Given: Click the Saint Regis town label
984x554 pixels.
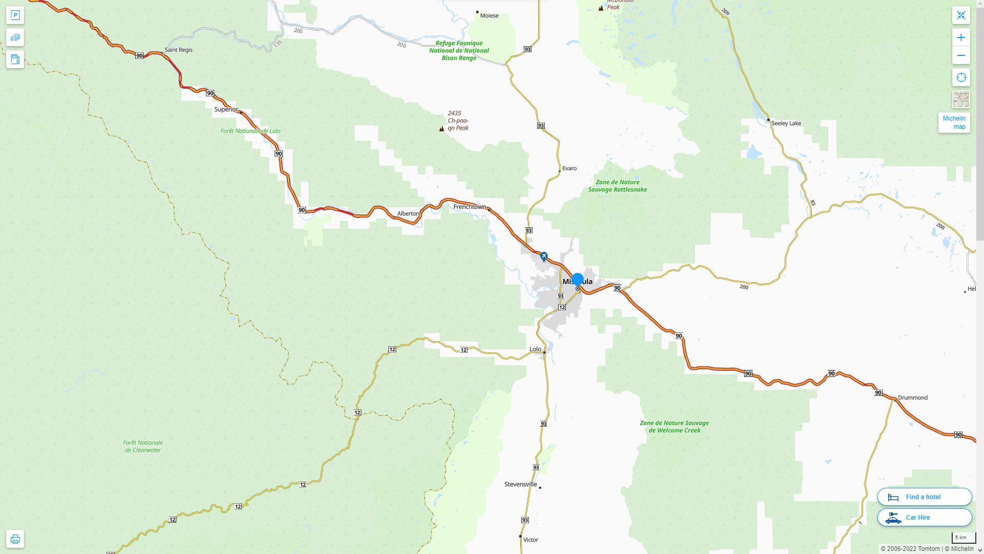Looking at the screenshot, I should tap(178, 50).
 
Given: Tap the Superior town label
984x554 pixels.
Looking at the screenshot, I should tap(226, 109).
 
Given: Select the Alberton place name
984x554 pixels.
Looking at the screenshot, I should tap(408, 213).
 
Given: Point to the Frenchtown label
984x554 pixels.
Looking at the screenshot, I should tap(469, 207).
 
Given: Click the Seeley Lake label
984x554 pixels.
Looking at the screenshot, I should tap(786, 123).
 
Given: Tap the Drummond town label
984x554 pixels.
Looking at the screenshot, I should tap(912, 398).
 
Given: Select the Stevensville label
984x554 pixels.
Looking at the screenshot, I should tap(520, 484).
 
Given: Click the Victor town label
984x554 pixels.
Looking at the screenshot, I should tap(530, 540).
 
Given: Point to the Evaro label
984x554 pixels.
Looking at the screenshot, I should tap(569, 168).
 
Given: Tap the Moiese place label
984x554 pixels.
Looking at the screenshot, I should tap(489, 15).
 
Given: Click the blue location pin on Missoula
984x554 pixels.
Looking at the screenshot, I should tap(578, 280).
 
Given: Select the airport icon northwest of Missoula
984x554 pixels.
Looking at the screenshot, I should tap(544, 256).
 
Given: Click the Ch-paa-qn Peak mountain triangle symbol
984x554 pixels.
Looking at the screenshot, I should tap(442, 129).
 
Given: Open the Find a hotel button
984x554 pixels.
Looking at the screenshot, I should tap(924, 497).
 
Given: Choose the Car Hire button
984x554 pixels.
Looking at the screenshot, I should tap(924, 517).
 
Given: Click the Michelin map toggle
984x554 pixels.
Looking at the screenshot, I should tap(954, 123).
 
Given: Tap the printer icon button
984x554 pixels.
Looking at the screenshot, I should tap(15, 539).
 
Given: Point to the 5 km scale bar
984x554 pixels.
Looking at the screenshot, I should tap(960, 538).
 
